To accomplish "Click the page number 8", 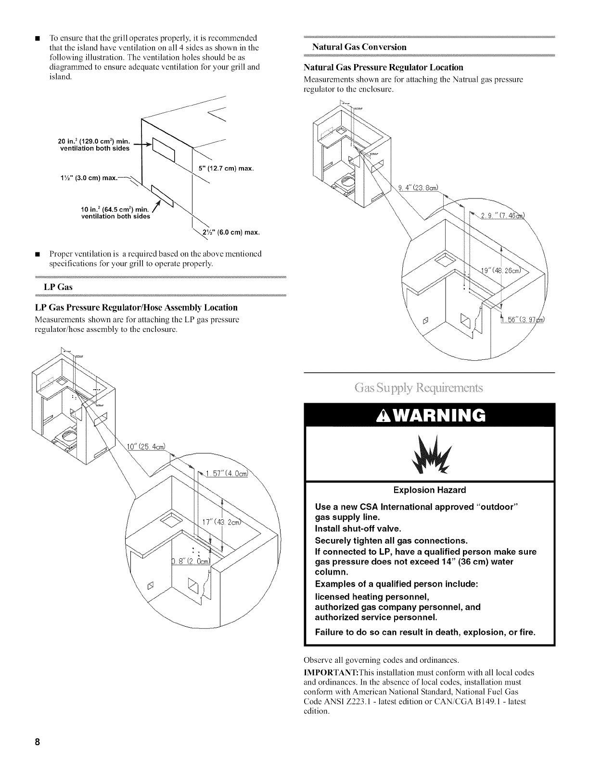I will pyautogui.click(x=37, y=742).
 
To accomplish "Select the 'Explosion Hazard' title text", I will pyautogui.click(x=429, y=490).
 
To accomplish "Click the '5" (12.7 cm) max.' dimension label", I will pyautogui.click(x=226, y=169).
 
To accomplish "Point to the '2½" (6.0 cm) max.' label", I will pyautogui.click(x=233, y=233).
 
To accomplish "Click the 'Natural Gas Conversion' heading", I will pyautogui.click(x=359, y=47).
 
